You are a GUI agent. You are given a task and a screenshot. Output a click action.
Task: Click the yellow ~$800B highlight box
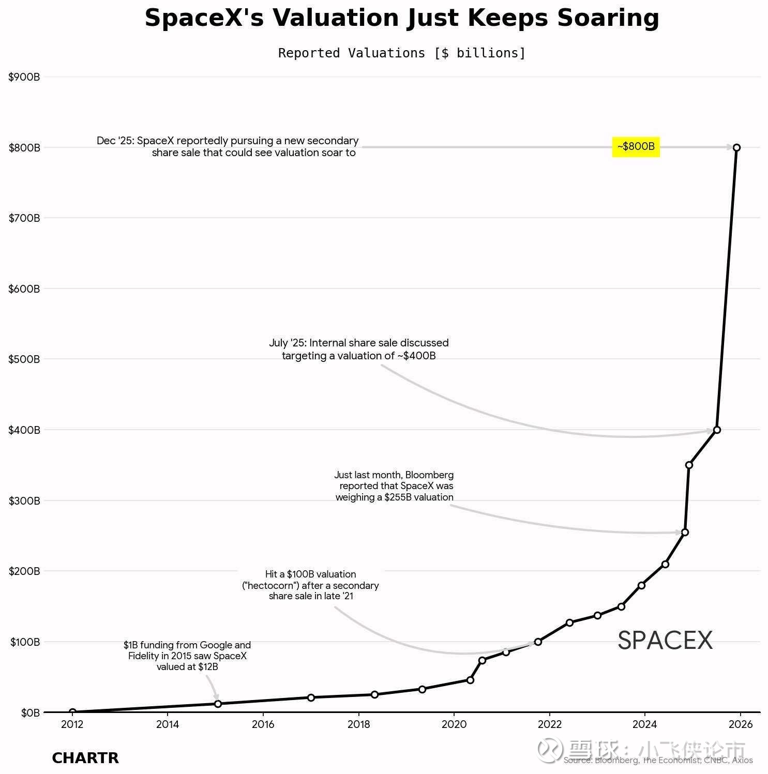point(636,147)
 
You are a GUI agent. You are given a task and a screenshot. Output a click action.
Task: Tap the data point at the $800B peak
point(736,147)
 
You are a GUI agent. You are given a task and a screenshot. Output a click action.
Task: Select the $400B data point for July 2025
point(717,430)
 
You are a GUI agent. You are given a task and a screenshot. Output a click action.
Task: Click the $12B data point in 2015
point(218,704)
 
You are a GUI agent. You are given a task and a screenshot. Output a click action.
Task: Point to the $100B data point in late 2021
point(538,642)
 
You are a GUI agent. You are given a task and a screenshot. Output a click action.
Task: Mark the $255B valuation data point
point(685,532)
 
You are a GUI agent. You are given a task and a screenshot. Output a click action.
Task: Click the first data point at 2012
point(72,712)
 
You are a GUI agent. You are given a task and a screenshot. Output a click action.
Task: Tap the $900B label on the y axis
point(24,77)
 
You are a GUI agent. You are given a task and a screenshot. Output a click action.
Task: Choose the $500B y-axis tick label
point(24,359)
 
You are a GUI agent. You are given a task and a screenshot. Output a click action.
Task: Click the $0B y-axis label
point(30,713)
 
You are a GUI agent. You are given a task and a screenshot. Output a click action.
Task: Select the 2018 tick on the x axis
point(358,724)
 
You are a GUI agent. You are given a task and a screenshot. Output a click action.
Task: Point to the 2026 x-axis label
point(740,724)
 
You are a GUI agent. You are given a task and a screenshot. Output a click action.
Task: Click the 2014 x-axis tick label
point(168,724)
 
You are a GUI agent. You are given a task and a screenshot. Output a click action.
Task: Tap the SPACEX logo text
point(665,641)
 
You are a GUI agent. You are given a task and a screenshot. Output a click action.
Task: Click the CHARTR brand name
point(85,758)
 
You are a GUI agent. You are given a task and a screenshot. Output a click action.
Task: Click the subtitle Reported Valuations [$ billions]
point(402,53)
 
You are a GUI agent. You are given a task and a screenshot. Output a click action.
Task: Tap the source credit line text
point(658,761)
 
